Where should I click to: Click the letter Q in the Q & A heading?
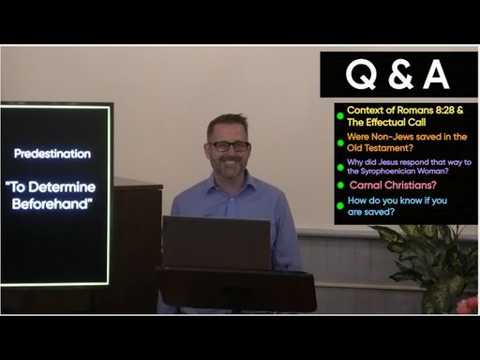point(361,75)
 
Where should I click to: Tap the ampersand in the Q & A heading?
point(401,75)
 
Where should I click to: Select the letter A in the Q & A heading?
point(436,74)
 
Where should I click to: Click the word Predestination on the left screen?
point(52,154)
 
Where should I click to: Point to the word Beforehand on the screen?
point(52,204)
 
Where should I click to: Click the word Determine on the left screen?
point(67,187)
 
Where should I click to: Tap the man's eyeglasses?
point(230,146)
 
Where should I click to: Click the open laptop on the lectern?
point(217,242)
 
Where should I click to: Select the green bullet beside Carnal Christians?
point(340,186)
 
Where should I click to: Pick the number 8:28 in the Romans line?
point(444,110)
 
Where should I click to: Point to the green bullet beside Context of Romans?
point(340,116)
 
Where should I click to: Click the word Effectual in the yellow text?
point(386,122)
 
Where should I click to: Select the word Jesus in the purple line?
point(388,162)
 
